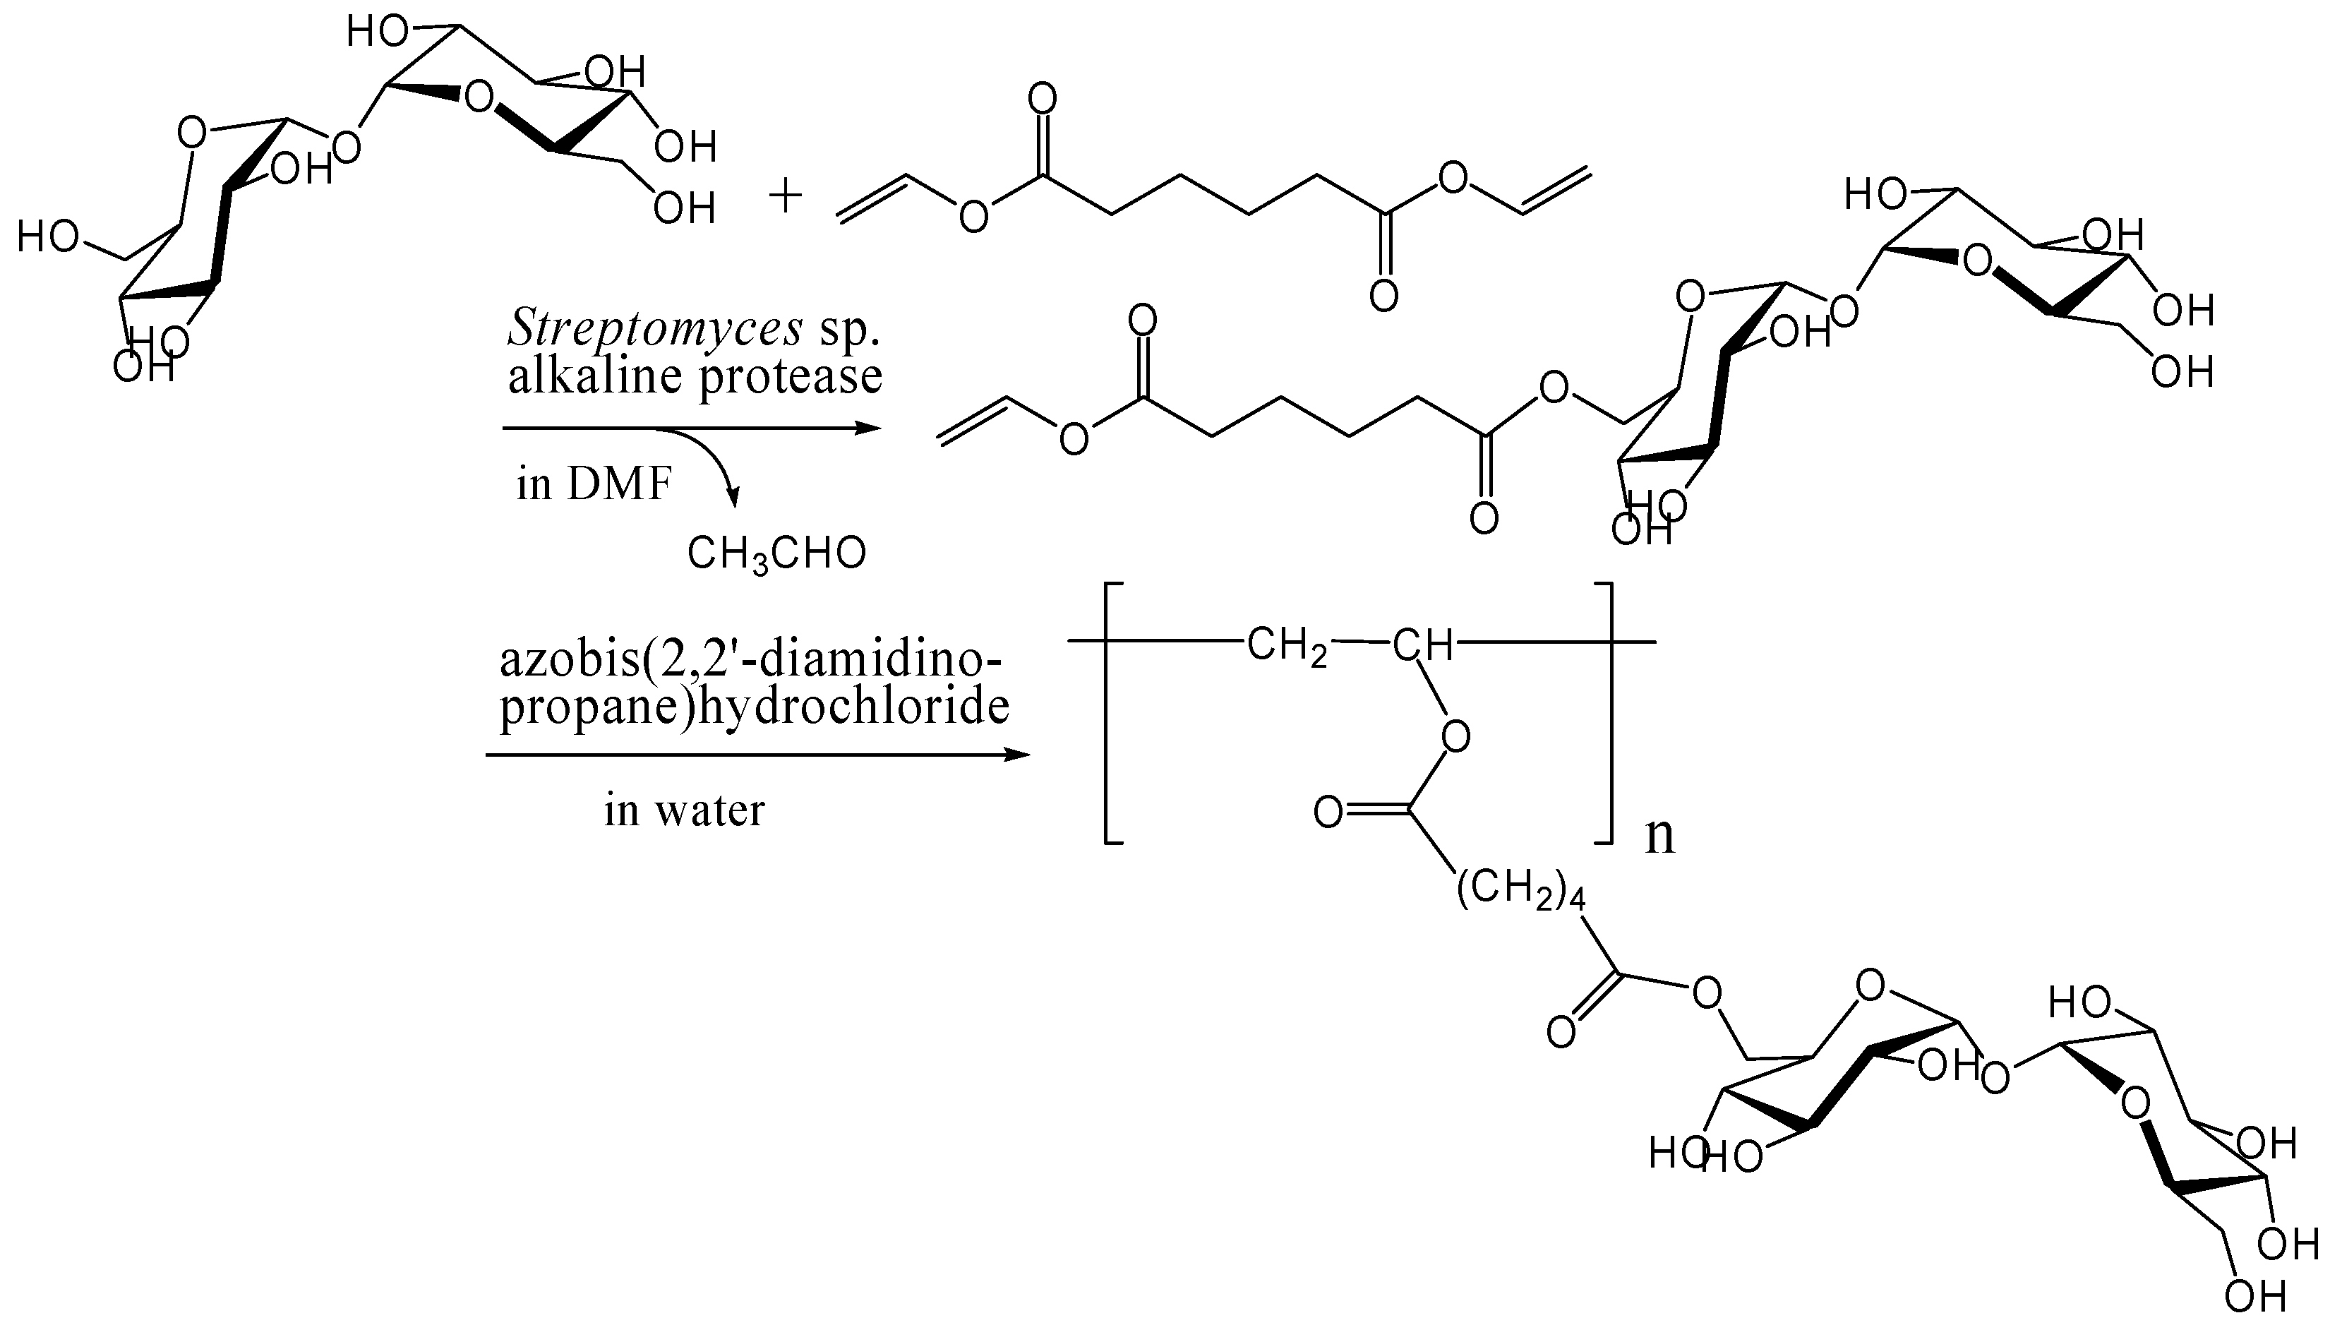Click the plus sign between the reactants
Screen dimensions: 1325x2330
click(x=785, y=196)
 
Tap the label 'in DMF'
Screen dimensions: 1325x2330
click(x=593, y=484)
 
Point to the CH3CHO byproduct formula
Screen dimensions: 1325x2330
click(x=776, y=553)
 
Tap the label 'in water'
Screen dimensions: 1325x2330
click(x=684, y=810)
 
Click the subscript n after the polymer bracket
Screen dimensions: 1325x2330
click(x=1659, y=835)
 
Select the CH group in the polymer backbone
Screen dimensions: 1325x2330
click(x=1422, y=645)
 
